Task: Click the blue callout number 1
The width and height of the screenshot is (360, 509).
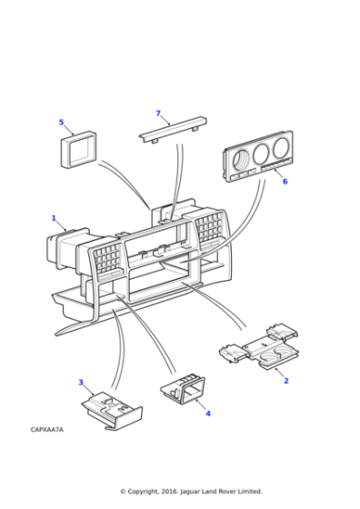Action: (x=54, y=218)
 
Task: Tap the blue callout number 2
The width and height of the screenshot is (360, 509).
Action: (x=286, y=381)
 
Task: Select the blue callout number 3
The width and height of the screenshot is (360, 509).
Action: (x=81, y=382)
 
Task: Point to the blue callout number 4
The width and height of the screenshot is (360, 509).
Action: (x=208, y=414)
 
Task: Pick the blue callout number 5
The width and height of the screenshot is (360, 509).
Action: (x=61, y=122)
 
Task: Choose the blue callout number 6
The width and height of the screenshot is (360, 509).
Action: (x=285, y=182)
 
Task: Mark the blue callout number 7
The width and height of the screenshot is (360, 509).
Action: (x=158, y=113)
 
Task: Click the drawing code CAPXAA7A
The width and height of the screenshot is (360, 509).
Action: (x=47, y=429)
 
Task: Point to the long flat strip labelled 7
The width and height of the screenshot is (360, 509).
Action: (x=173, y=129)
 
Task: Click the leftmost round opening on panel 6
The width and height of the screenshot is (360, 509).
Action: (x=241, y=159)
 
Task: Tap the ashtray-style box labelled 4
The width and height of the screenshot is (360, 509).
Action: (x=183, y=389)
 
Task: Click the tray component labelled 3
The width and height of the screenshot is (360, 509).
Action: (x=112, y=411)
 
